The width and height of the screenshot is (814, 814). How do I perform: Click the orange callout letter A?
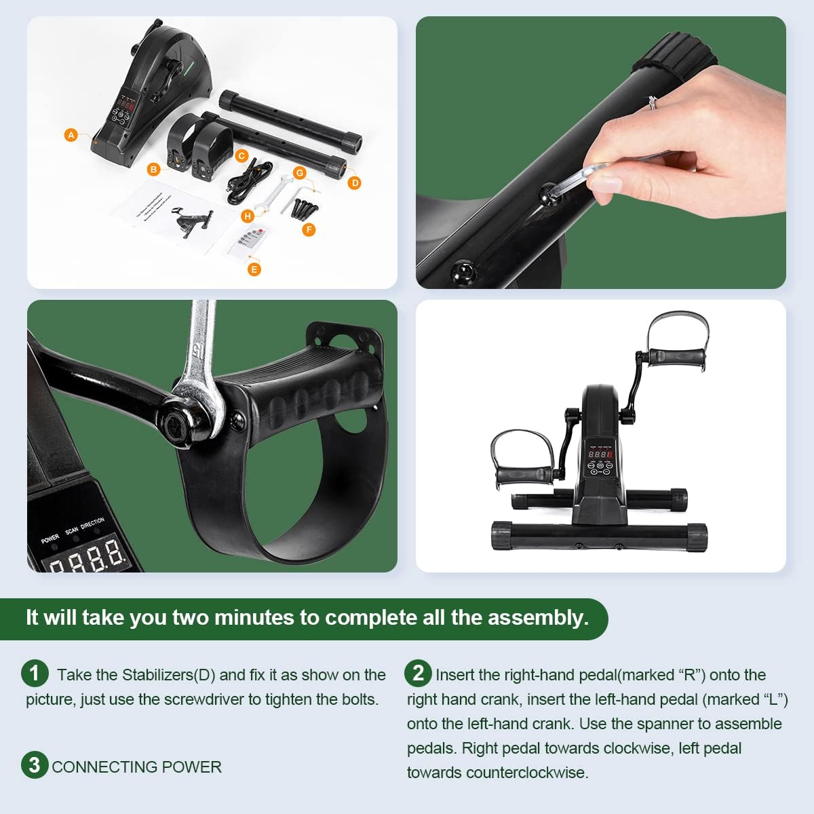click(71, 135)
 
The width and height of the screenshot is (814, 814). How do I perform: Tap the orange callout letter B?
click(154, 169)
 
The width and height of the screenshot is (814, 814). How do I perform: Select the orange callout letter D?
click(354, 182)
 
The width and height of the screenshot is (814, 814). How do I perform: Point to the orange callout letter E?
click(254, 269)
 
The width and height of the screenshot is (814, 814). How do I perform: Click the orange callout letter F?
click(309, 230)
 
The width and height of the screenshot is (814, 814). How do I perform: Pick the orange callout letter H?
click(248, 216)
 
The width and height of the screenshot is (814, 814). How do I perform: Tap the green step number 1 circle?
click(35, 674)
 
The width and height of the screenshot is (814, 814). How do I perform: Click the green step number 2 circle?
click(418, 673)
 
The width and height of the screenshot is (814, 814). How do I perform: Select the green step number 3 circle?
click(35, 765)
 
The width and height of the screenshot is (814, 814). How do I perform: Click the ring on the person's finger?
click(652, 102)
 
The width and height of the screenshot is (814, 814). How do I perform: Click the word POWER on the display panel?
click(50, 539)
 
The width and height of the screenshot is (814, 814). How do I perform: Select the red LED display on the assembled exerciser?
click(600, 454)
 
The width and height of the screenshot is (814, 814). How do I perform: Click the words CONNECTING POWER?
click(136, 767)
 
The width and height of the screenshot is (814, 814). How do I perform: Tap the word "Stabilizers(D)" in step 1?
click(168, 675)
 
